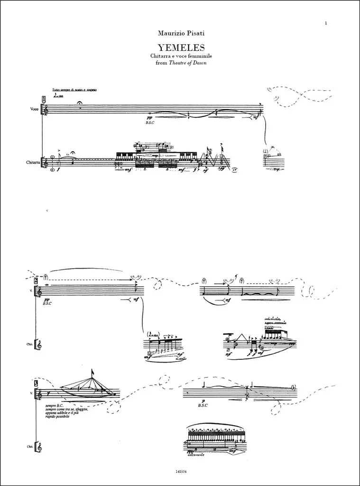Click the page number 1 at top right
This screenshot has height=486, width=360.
[x=327, y=22]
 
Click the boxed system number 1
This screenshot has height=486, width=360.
[x=44, y=99]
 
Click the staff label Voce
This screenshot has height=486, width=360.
[x=34, y=110]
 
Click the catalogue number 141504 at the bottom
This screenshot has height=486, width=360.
[x=180, y=472]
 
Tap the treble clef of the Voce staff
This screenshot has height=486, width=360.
[x=46, y=110]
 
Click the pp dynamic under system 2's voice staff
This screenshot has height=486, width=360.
[x=46, y=299]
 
